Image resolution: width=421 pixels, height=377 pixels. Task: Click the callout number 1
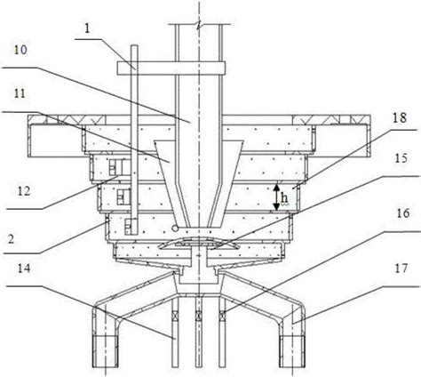[x=87, y=28]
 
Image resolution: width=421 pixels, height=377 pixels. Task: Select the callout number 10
[x=20, y=50]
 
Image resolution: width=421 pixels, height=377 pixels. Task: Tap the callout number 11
[x=20, y=93]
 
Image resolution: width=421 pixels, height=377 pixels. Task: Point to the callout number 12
[x=24, y=191]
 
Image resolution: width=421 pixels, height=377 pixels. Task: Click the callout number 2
[x=11, y=239]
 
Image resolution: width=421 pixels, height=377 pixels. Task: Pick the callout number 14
[x=24, y=269]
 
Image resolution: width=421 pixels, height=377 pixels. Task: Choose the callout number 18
[x=400, y=118]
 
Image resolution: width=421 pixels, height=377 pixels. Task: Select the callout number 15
[x=401, y=158]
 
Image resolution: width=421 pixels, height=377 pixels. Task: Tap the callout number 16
[x=403, y=213]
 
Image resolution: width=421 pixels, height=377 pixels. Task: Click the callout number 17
[x=401, y=269]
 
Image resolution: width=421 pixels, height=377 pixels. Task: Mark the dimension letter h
[x=284, y=198]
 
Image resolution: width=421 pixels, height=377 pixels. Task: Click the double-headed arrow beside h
[x=276, y=197]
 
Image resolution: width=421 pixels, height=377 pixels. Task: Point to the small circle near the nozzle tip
[x=175, y=228]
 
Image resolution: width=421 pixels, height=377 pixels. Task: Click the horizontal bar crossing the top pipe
[x=171, y=68]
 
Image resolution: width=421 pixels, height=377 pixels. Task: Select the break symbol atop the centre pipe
[x=199, y=24]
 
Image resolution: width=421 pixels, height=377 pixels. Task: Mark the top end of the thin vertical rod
[x=134, y=45]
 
